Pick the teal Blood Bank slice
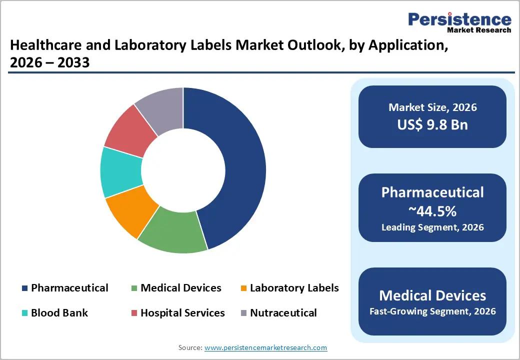120,171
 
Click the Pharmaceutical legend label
69,288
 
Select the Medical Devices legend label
180,288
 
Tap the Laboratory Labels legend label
294,288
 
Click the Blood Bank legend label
59,313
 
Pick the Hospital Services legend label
182,313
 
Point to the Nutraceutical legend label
283,313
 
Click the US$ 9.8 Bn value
432,124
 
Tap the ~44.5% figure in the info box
432,211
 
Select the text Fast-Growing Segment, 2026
432,311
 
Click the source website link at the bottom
266,347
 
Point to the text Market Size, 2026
432,107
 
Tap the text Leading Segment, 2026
432,227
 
